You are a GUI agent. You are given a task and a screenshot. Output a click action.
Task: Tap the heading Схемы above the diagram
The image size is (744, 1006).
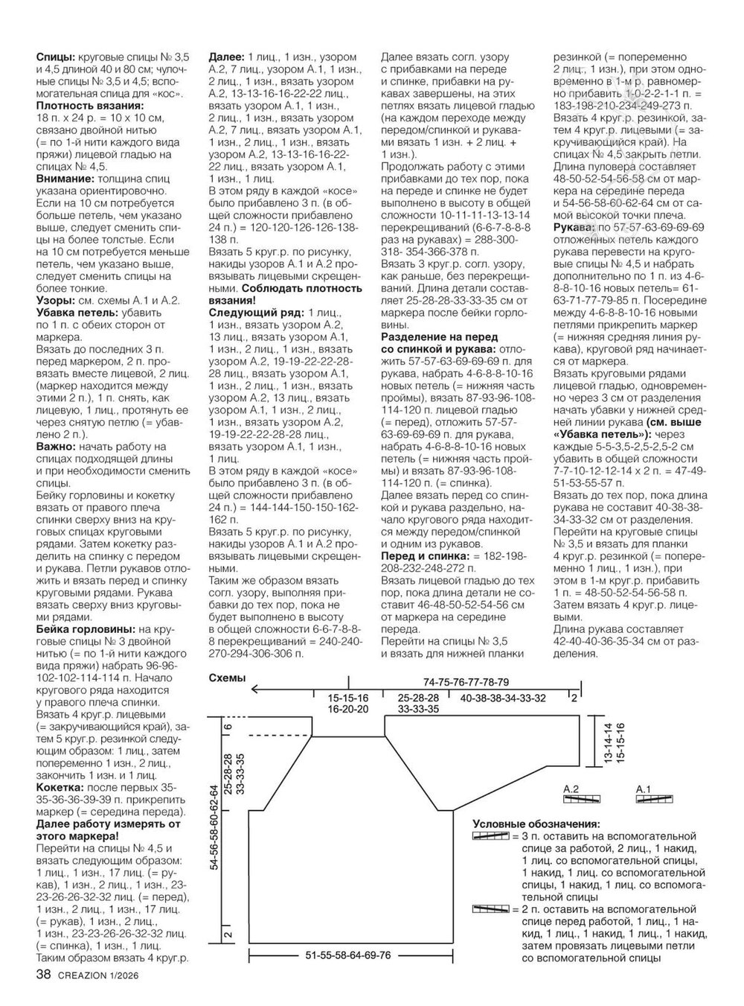pos(225,678)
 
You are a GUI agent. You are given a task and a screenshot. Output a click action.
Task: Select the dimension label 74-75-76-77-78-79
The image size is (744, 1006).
pos(466,682)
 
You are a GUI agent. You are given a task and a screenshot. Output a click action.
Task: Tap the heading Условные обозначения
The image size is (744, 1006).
pos(536,824)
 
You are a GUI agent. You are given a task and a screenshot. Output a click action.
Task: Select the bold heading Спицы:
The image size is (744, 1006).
pos(55,57)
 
